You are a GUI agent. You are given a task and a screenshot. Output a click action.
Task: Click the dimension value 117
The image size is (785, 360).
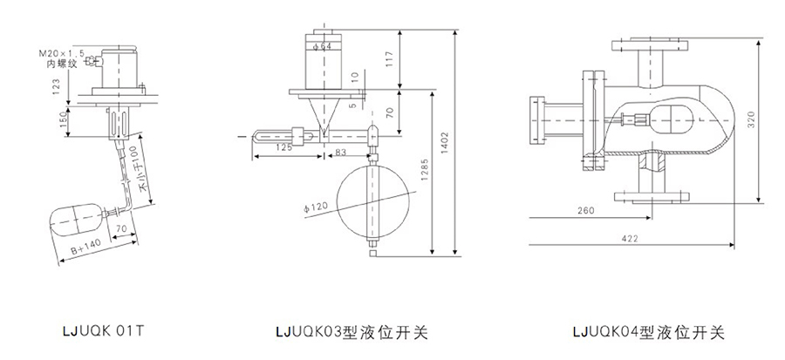(389, 59)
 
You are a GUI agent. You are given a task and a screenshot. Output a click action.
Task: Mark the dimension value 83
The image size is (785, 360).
(340, 153)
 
